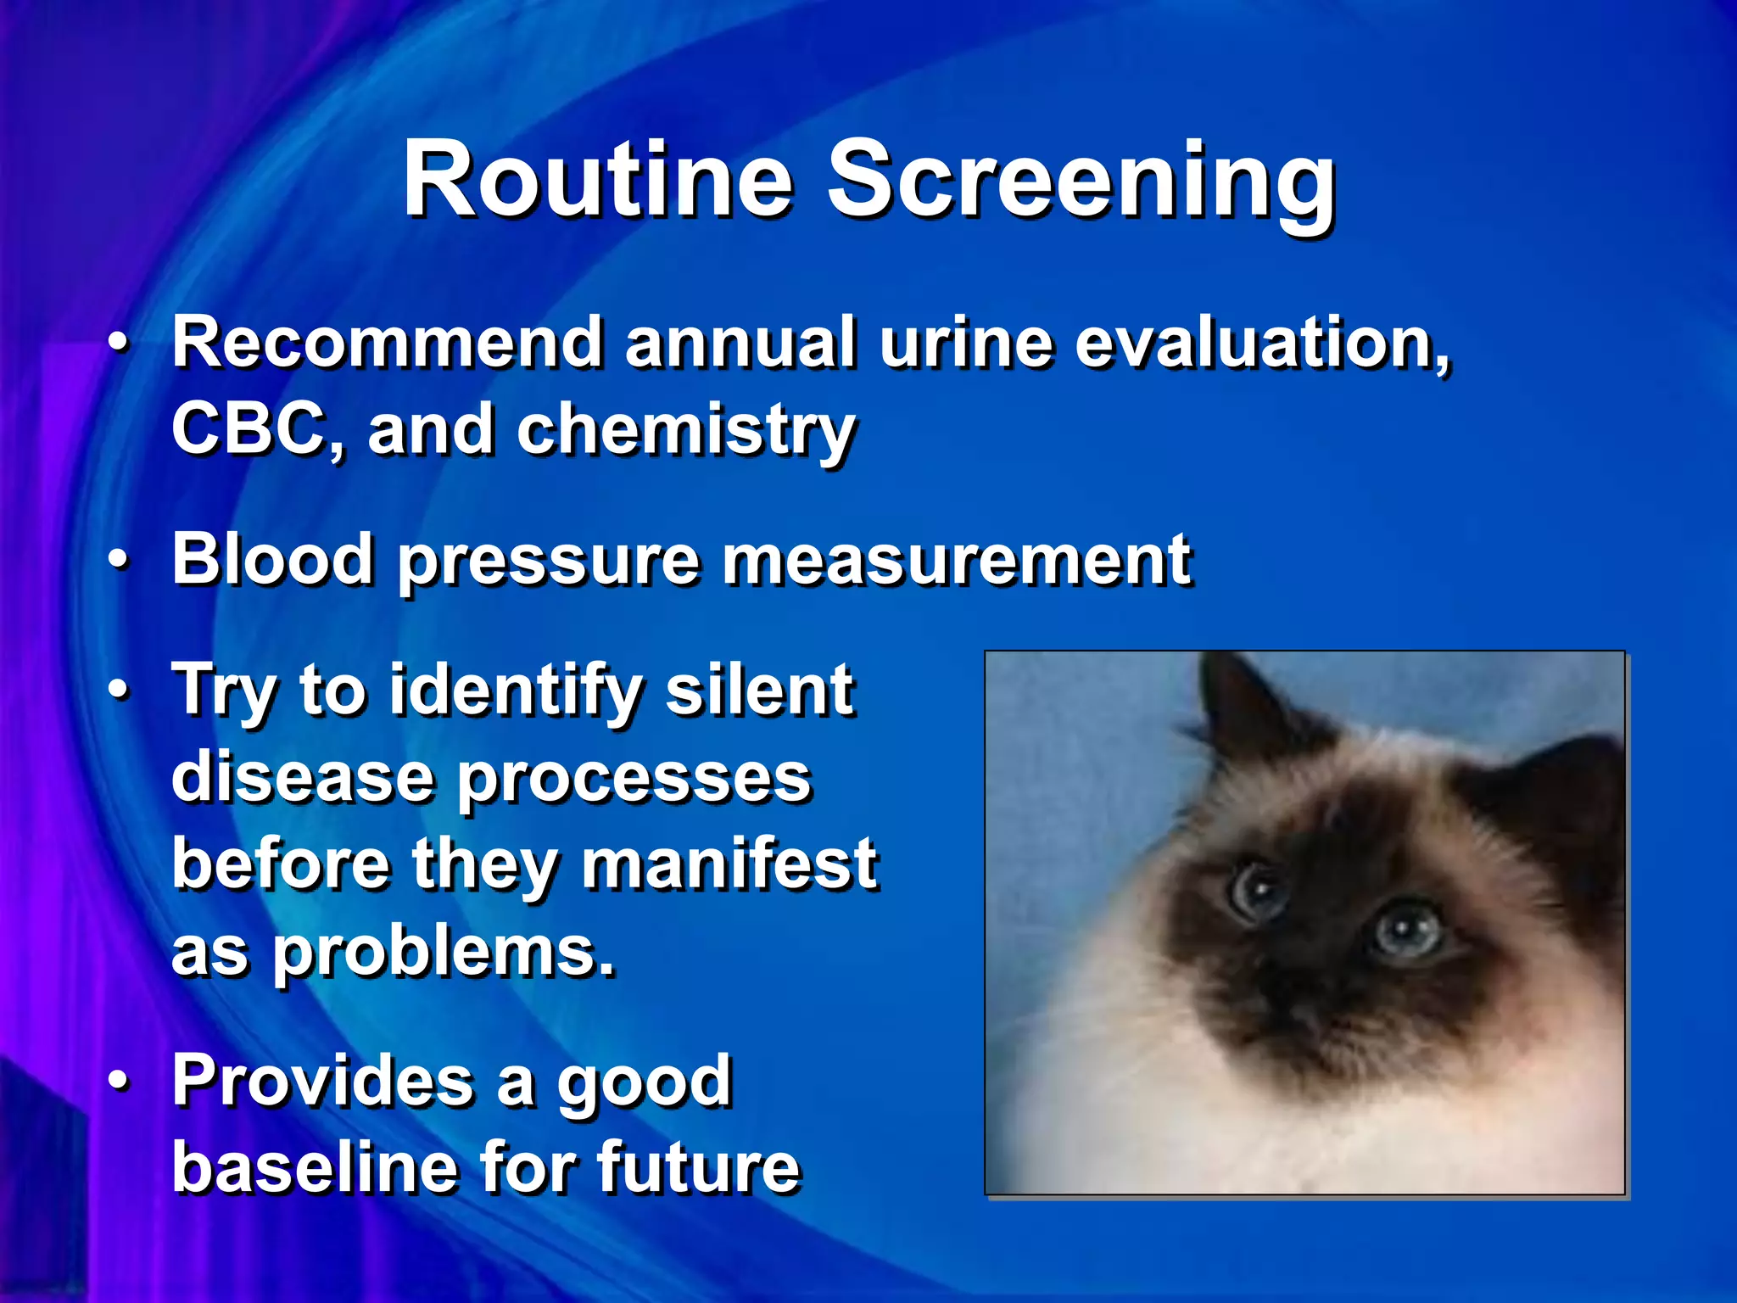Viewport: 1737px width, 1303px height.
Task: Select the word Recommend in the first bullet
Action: [387, 342]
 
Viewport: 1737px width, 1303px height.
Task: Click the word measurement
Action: [956, 560]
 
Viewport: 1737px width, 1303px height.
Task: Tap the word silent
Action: [758, 689]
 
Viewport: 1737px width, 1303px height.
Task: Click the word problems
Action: [441, 953]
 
